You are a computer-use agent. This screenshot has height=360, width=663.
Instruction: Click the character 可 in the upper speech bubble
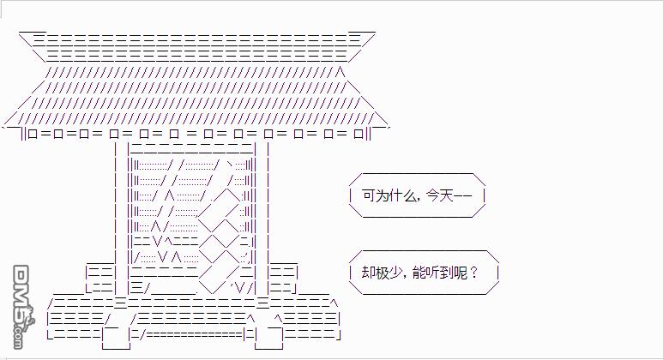coord(369,195)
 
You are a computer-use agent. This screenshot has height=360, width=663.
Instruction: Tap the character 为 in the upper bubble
coord(382,195)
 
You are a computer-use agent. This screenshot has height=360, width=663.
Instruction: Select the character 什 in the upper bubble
coord(395,195)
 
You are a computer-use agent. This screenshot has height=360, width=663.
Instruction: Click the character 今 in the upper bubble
coord(433,195)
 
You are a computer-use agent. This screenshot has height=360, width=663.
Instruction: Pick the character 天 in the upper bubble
coord(446,195)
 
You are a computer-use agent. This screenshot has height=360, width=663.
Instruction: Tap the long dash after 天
coord(462,196)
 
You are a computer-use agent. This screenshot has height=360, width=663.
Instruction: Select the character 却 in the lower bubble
coord(368,273)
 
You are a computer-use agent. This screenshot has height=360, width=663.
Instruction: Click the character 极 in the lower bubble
coord(382,273)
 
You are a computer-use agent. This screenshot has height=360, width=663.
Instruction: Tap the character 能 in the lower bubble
coord(419,273)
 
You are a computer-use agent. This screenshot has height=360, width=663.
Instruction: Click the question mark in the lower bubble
coord(473,273)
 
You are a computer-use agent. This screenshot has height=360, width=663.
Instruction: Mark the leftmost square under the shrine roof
coord(33,135)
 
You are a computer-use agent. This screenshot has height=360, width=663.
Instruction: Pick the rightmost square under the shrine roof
coord(359,135)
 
